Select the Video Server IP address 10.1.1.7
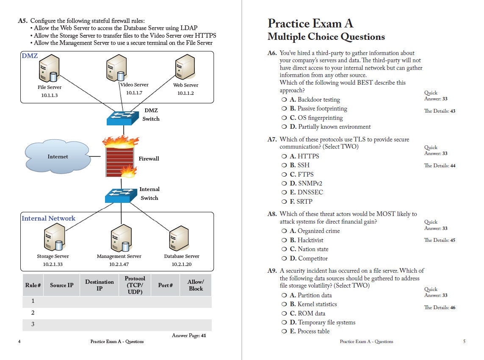pyautogui.click(x=134, y=93)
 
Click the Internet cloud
pyautogui.click(x=58, y=157)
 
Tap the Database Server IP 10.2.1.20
pyautogui.click(x=181, y=264)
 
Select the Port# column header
pyautogui.click(x=166, y=285)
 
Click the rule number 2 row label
pyautogui.click(x=33, y=313)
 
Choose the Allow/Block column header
pyautogui.click(x=196, y=285)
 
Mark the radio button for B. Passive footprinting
pyautogui.click(x=284, y=109)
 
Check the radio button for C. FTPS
pyautogui.click(x=284, y=174)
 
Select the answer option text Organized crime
pyautogui.click(x=318, y=231)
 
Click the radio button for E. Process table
pyautogui.click(x=284, y=332)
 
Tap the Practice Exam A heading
pyautogui.click(x=310, y=23)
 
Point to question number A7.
pyautogui.click(x=272, y=139)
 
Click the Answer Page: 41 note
pyautogui.click(x=189, y=335)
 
